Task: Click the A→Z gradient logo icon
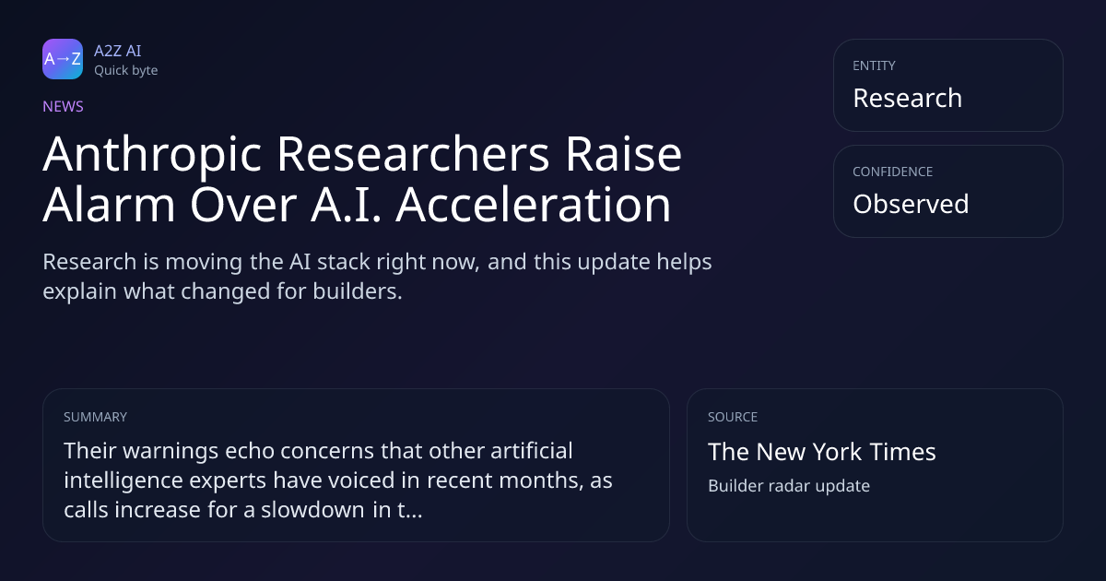(63, 59)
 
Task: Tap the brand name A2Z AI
(118, 51)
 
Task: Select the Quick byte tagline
(126, 71)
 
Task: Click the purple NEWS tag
(64, 106)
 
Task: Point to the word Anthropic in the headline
(152, 155)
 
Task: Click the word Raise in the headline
(624, 154)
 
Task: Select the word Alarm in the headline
(109, 204)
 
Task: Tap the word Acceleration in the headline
(534, 204)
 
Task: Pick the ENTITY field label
(874, 65)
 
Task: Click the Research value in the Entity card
(908, 98)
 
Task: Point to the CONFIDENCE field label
(893, 172)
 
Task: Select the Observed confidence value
(911, 204)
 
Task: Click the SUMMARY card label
(95, 417)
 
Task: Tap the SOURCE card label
(733, 417)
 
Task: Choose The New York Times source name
(821, 452)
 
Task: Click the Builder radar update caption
(789, 486)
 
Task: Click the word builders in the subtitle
(357, 291)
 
